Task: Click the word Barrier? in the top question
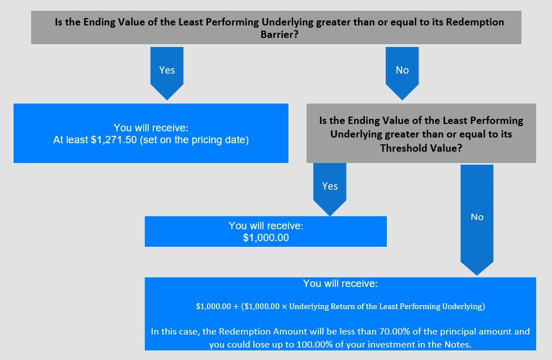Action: (279, 35)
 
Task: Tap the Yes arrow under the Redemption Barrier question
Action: (167, 73)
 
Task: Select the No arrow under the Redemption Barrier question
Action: (402, 73)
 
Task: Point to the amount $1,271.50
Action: (114, 140)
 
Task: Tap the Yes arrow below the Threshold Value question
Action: (330, 190)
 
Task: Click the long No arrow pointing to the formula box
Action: (477, 220)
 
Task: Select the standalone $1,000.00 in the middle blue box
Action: (266, 238)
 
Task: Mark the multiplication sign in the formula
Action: (284, 306)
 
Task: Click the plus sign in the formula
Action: (236, 306)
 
